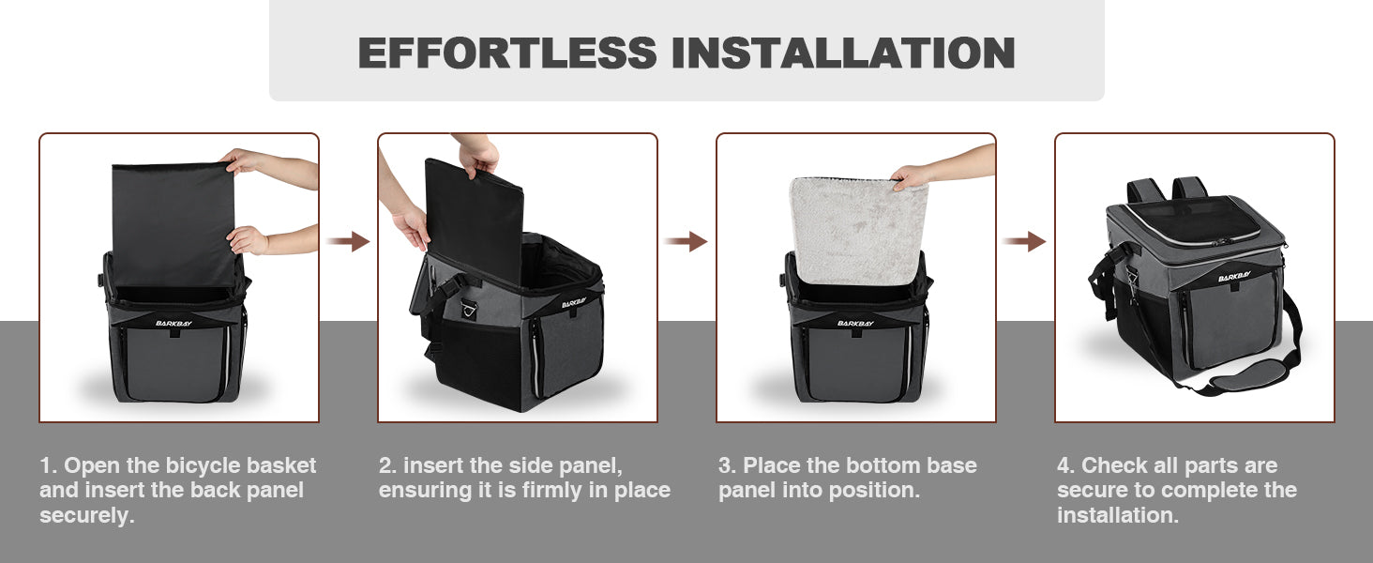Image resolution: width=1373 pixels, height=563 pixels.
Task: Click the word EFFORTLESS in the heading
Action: click(x=507, y=53)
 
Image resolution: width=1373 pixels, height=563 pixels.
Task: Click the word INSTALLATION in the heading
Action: click(x=843, y=53)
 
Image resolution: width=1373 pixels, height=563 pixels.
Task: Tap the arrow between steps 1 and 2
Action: click(x=348, y=242)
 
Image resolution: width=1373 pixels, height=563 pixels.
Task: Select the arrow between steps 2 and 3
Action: click(x=686, y=242)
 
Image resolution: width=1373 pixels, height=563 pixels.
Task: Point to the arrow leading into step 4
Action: click(x=1024, y=242)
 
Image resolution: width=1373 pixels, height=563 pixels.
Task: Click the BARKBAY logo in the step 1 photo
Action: click(x=174, y=323)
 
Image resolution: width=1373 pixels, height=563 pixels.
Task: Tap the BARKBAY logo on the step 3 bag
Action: click(x=855, y=323)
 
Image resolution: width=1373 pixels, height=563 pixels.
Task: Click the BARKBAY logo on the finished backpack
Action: click(x=1234, y=277)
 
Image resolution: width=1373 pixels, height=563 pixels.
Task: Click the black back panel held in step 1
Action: click(x=174, y=225)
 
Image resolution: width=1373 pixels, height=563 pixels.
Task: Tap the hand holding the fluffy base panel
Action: click(x=911, y=176)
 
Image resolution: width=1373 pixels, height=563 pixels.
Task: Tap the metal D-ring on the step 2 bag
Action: click(x=470, y=309)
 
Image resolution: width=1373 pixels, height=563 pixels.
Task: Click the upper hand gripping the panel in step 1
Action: click(x=242, y=160)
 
